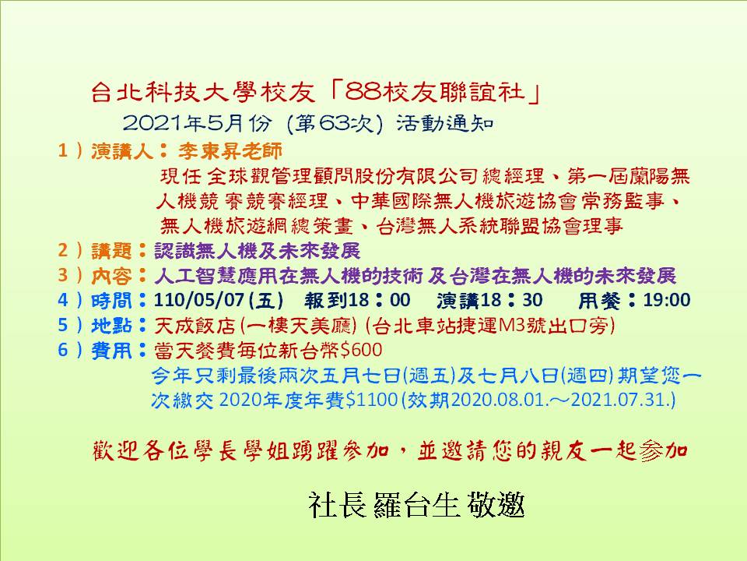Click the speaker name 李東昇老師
(x=230, y=150)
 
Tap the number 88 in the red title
(x=363, y=92)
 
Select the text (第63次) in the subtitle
(x=335, y=124)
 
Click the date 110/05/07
(x=199, y=299)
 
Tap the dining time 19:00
(x=667, y=299)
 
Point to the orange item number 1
(x=62, y=150)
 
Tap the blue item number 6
(x=63, y=350)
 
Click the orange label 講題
(x=111, y=250)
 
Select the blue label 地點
(x=111, y=326)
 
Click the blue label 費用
(x=111, y=350)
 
